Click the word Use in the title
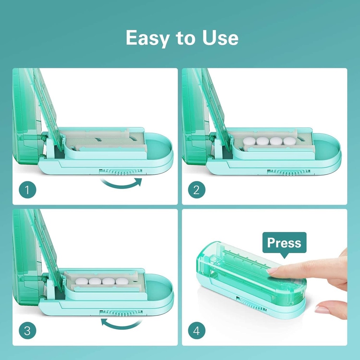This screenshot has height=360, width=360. [220, 38]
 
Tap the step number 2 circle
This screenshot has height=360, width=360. [197, 190]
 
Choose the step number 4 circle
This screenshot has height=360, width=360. [197, 331]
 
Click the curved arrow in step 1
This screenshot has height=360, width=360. [121, 184]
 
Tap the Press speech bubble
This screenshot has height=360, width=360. [284, 243]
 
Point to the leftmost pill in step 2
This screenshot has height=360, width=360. [249, 141]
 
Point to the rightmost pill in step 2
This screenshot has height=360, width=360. [289, 141]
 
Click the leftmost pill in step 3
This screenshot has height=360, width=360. [82, 282]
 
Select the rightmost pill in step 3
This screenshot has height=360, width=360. [122, 282]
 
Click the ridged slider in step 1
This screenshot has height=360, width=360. [121, 172]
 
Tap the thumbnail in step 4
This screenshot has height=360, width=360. [322, 310]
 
